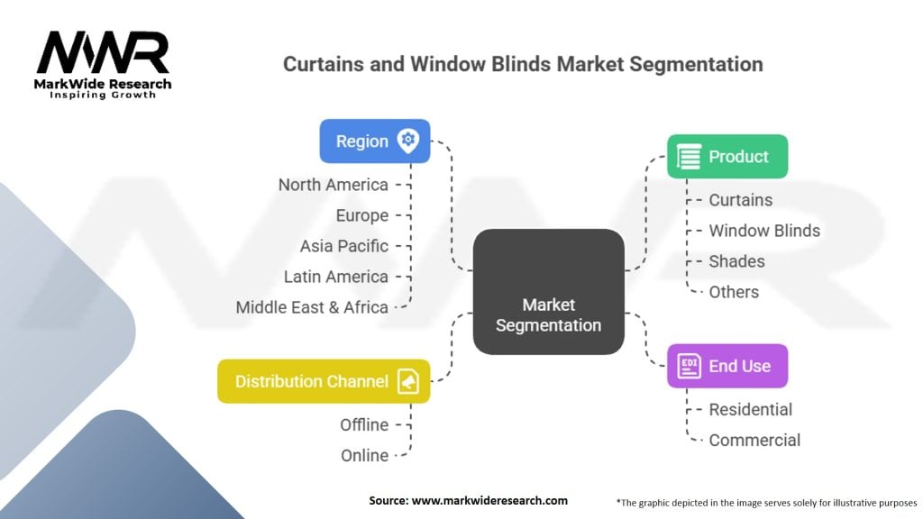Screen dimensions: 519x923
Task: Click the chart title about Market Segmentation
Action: [523, 65]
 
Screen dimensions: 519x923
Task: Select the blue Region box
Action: [374, 141]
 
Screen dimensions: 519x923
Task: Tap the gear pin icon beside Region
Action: [408, 141]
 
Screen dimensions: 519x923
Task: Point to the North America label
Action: [333, 185]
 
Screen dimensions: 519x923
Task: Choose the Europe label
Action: [361, 215]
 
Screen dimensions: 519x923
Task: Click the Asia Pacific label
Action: [343, 246]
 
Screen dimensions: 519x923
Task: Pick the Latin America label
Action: [335, 277]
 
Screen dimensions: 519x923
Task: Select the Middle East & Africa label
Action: [312, 307]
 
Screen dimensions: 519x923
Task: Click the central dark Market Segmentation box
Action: [548, 291]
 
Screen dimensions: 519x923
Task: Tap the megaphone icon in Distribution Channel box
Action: [408, 381]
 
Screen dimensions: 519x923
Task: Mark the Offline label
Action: [364, 424]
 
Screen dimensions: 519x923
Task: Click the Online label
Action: [364, 455]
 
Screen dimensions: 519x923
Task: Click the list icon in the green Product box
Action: [690, 157]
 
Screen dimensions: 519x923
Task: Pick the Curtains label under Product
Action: [740, 200]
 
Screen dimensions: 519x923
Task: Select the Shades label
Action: [736, 261]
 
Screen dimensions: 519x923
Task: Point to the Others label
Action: [734, 292]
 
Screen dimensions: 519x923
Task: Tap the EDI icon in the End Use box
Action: [689, 366]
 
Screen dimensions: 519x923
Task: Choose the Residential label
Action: [750, 409]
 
